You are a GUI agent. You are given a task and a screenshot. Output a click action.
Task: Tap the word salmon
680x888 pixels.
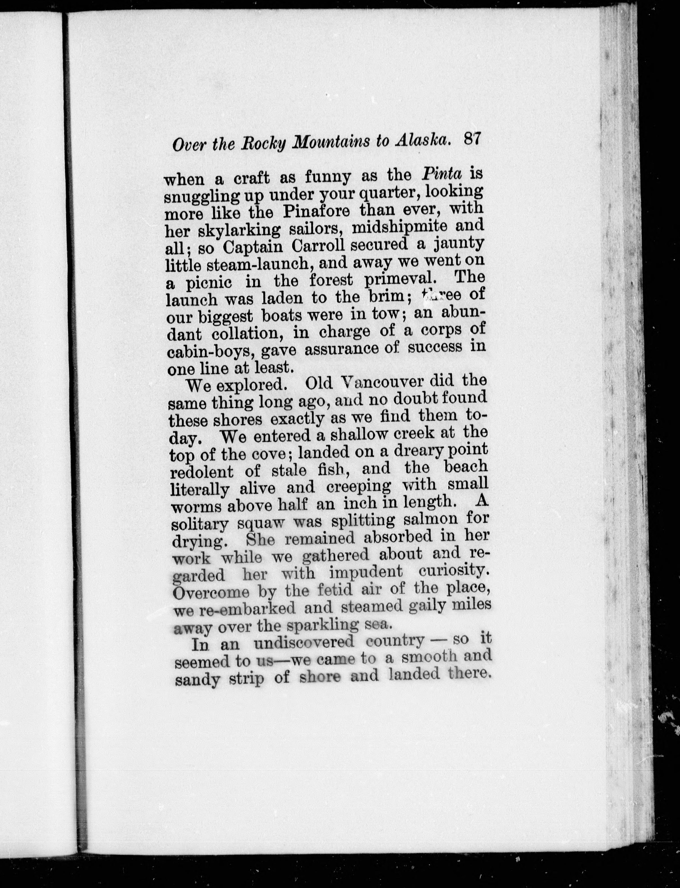430,519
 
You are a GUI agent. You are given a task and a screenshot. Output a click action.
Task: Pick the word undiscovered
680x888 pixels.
303,642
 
